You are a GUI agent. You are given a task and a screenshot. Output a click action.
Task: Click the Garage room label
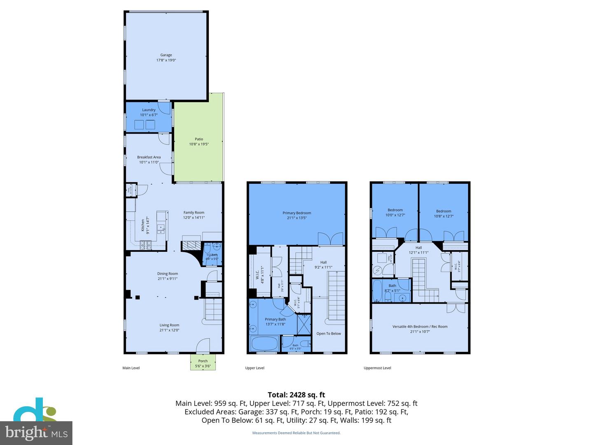coord(166,55)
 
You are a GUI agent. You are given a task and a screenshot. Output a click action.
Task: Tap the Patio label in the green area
coord(199,139)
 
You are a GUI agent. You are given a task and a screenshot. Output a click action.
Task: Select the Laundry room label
coord(149,110)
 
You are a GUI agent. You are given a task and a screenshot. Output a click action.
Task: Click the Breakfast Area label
coord(149,157)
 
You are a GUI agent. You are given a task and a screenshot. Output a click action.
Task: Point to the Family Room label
coord(194,213)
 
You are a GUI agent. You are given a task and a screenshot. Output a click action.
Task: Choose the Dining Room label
coord(167,274)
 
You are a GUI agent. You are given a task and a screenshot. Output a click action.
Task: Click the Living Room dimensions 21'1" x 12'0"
coord(169,330)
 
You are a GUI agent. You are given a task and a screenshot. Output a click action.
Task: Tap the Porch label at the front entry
coord(203,361)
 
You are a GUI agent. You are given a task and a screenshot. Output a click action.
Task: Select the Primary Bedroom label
coord(296,213)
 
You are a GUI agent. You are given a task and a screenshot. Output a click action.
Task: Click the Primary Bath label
coord(275,319)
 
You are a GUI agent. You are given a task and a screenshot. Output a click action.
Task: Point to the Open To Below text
coord(329,334)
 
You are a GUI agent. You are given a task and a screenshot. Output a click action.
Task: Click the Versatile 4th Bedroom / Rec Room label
coord(420,327)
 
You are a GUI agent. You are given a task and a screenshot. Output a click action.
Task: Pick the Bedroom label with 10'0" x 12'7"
coord(395,210)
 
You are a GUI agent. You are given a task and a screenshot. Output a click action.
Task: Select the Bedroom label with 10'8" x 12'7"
coord(444,211)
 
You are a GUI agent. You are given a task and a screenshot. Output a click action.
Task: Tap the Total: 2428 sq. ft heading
coord(296,395)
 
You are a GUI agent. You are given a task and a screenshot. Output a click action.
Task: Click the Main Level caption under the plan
coord(131,368)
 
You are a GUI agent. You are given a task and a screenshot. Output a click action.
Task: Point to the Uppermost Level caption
coord(377,368)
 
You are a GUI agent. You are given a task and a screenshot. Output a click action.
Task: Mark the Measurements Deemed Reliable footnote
coord(296,433)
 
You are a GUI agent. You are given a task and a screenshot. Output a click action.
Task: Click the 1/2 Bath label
coord(212,255)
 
